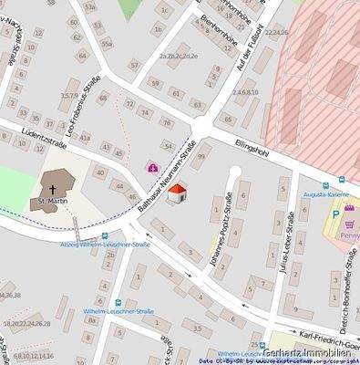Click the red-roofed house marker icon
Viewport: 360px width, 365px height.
tap(180, 193)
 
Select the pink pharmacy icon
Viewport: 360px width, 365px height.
tap(152, 168)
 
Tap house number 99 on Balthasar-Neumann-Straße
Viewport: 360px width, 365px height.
tap(201, 156)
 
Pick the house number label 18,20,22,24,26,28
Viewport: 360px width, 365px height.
tap(27, 323)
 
